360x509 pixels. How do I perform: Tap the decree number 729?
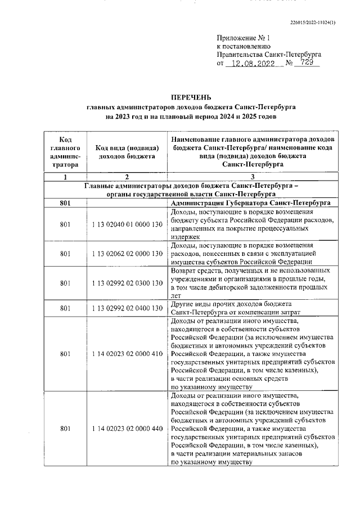pyautogui.click(x=307, y=64)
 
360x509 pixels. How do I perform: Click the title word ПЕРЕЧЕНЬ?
pyautogui.click(x=191, y=97)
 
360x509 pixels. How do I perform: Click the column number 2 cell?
pyautogui.click(x=127, y=177)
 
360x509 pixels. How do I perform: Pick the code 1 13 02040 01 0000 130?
pyautogui.click(x=127, y=224)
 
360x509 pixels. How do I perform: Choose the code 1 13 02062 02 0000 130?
pyautogui.click(x=127, y=253)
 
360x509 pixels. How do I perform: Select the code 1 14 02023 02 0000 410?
pyautogui.click(x=127, y=354)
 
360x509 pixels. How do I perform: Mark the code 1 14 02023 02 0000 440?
pyautogui.click(x=127, y=429)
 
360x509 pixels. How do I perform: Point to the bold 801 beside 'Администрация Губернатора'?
pyautogui.click(x=65, y=202)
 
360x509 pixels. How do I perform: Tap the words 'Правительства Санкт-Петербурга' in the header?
pyautogui.click(x=269, y=54)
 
